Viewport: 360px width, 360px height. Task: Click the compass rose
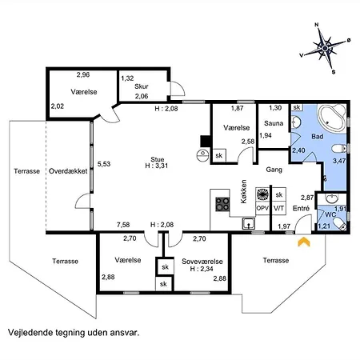(325, 48)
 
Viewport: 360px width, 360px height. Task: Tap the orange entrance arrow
(304, 242)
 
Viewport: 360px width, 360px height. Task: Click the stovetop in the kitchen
(222, 204)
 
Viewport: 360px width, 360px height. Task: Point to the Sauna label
(274, 123)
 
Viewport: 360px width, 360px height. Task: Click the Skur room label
(142, 86)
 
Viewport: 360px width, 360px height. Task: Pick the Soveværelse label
(202, 262)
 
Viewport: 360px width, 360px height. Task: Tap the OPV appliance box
(262, 208)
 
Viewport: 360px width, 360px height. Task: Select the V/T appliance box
(279, 208)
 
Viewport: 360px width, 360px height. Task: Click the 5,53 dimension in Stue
(104, 164)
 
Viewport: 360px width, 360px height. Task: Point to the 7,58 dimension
(123, 225)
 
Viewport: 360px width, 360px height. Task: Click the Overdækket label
(68, 171)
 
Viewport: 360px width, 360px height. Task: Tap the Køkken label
(244, 191)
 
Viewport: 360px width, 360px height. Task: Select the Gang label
(274, 170)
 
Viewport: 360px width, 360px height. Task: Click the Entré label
(301, 208)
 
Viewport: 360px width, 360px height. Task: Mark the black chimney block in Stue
(206, 142)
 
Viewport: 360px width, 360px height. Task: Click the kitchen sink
(249, 223)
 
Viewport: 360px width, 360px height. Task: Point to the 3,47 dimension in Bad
(339, 161)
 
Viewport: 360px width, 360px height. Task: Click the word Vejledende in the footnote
(30, 333)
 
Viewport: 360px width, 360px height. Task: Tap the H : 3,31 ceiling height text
(157, 166)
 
